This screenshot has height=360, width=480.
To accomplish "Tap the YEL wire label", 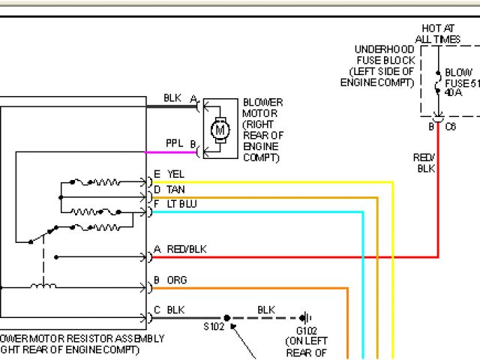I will coord(176,175).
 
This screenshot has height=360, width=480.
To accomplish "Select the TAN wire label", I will coord(175,190).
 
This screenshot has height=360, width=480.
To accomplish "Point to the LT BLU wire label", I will coord(181,203).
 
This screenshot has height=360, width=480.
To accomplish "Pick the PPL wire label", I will coord(174,143).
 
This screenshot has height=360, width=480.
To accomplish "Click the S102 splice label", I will coord(214,328).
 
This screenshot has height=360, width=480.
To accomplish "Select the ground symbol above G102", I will coord(306,317).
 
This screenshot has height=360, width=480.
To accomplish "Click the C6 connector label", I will coord(451,127).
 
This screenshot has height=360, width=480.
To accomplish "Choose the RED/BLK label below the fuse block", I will coord(425,163).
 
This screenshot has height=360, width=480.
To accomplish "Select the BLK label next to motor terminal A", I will coord(172,98).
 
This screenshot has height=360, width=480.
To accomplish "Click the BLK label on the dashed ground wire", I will coord(266,309).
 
